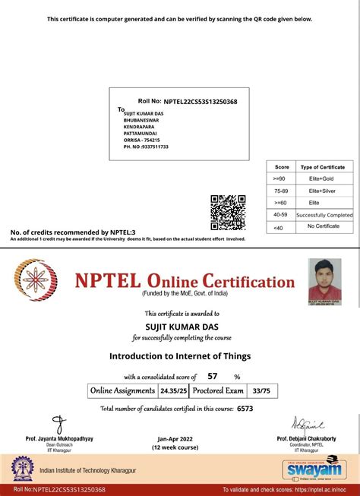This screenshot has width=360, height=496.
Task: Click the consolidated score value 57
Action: pos(213,376)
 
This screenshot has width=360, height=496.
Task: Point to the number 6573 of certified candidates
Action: pos(245,408)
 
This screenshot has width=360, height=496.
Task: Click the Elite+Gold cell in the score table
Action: pos(322,178)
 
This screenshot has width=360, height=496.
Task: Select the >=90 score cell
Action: pos(281,178)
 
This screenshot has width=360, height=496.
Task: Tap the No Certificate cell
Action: pos(322,226)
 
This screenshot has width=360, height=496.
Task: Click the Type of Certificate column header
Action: pos(322,166)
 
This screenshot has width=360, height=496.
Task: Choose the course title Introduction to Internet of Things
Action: pos(180,355)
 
